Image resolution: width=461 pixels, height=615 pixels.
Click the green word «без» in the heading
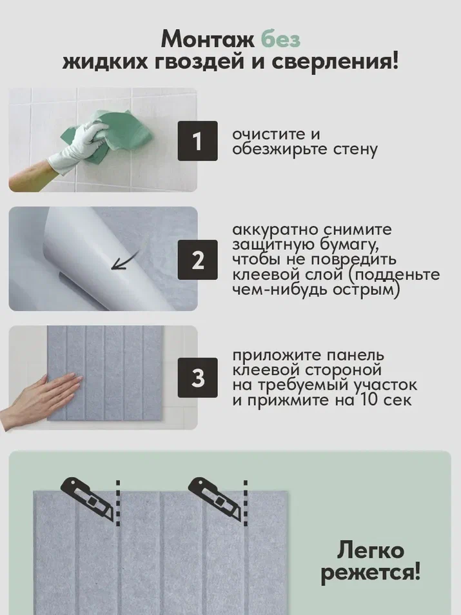pyautogui.click(x=280, y=39)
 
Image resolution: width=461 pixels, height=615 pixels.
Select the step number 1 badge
pyautogui.click(x=197, y=141)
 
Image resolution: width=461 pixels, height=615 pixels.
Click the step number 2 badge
pyautogui.click(x=197, y=259)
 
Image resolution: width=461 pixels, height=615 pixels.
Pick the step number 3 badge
pyautogui.click(x=197, y=378)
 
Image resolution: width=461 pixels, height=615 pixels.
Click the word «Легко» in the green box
pyautogui.click(x=370, y=550)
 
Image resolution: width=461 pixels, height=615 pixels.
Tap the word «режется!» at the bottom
pyautogui.click(x=370, y=572)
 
